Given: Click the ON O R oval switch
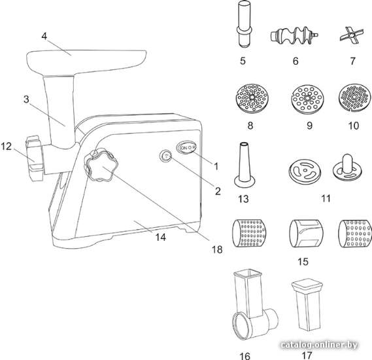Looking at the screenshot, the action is click(186, 147).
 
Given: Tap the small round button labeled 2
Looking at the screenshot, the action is click(165, 156).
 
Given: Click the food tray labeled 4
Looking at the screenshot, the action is click(86, 61).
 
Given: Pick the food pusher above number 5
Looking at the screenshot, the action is click(244, 24).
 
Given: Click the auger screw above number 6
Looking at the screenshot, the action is click(294, 35).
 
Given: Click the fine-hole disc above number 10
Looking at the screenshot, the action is click(355, 97).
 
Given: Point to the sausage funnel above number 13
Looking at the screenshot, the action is click(245, 165).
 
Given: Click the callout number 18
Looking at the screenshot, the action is click(217, 249).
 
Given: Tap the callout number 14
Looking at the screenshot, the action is click(161, 236).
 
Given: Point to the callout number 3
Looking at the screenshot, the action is click(26, 99).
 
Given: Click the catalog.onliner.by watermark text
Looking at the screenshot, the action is click(319, 344).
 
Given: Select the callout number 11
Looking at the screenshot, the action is click(326, 198).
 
